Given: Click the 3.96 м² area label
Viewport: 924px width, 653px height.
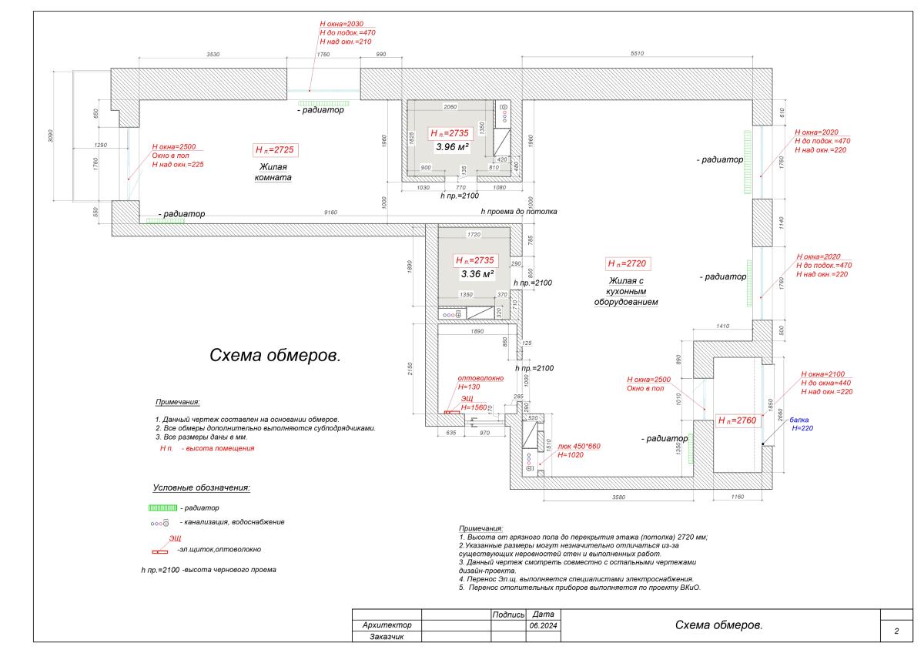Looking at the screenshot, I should coord(453,146).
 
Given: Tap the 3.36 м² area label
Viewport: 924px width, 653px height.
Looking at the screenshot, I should coord(477,273).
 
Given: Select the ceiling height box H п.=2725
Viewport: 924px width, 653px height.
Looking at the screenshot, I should coord(275,149).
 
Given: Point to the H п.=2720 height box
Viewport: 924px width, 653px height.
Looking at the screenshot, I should coord(628,263).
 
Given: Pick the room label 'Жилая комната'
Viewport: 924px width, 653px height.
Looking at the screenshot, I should coord(273,172).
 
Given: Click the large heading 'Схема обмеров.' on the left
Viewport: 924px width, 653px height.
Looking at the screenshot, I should coord(275,356).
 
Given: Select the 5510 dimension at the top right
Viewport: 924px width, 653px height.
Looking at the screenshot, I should coord(636,53).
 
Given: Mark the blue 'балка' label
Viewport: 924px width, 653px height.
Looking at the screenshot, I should coord(799,420).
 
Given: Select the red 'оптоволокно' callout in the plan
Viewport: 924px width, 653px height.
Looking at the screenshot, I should coord(480,378).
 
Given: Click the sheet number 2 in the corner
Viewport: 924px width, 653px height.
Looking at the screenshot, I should coord(896,631).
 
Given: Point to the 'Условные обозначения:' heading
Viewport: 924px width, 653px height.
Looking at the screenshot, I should coord(201,487).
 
